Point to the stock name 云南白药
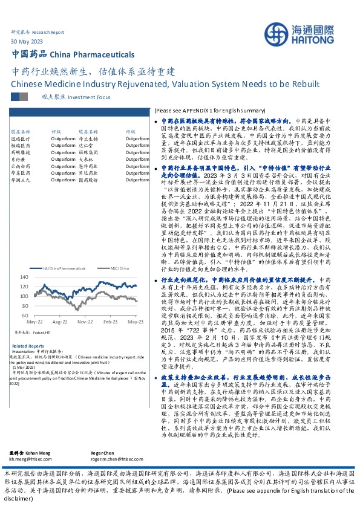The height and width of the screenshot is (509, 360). coord(21,165)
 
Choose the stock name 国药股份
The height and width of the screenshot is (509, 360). coord(89,180)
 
